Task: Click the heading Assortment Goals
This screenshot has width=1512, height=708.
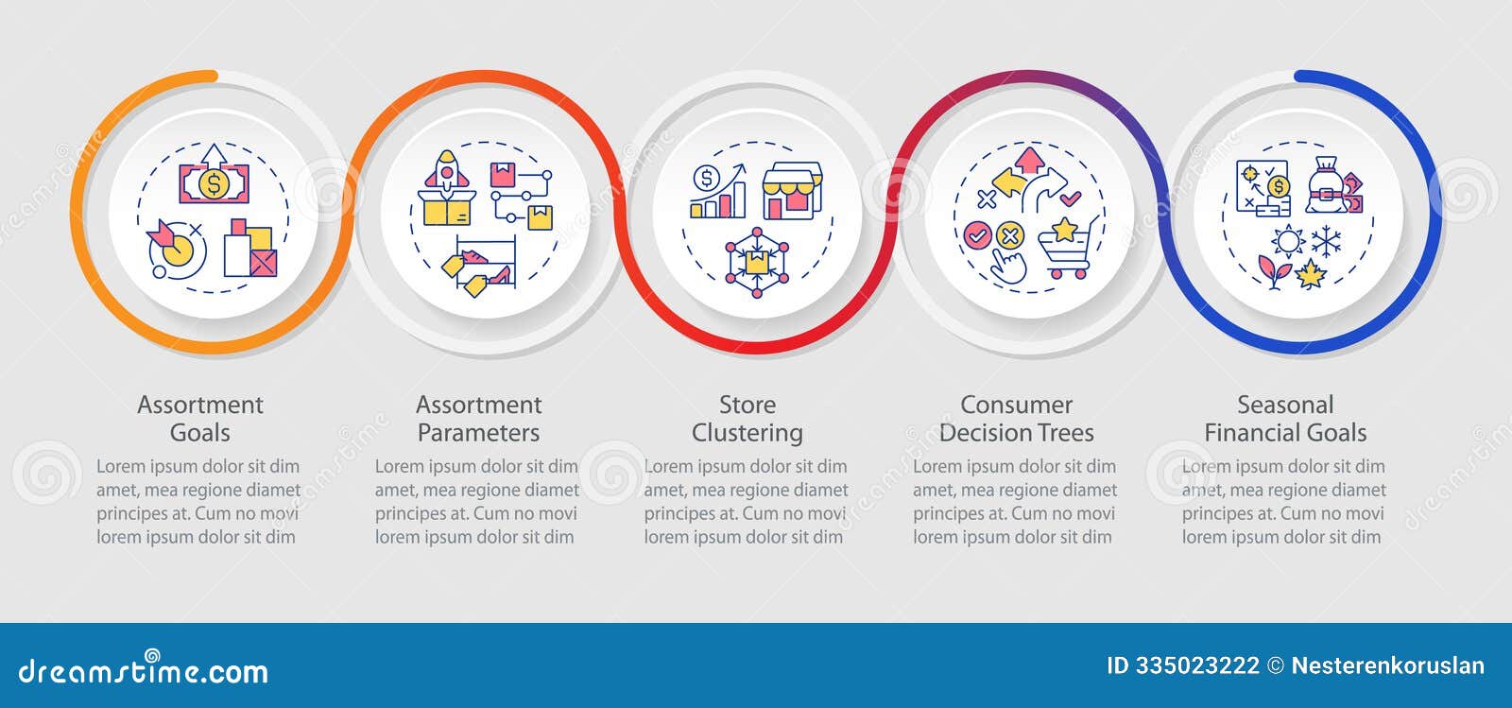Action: (x=199, y=419)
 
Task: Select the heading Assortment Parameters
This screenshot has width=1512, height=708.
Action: (x=478, y=419)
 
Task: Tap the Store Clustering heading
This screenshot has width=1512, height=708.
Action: (x=747, y=419)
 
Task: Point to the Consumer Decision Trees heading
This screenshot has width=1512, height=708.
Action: (x=1016, y=419)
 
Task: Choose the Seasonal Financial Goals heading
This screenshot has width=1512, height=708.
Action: (x=1285, y=419)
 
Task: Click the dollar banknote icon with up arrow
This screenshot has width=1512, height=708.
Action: (x=214, y=177)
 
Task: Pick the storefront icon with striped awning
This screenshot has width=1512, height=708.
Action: (x=792, y=191)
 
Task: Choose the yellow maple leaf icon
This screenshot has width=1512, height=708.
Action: (x=1311, y=274)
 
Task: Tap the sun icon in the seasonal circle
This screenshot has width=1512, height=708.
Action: (x=1286, y=242)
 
